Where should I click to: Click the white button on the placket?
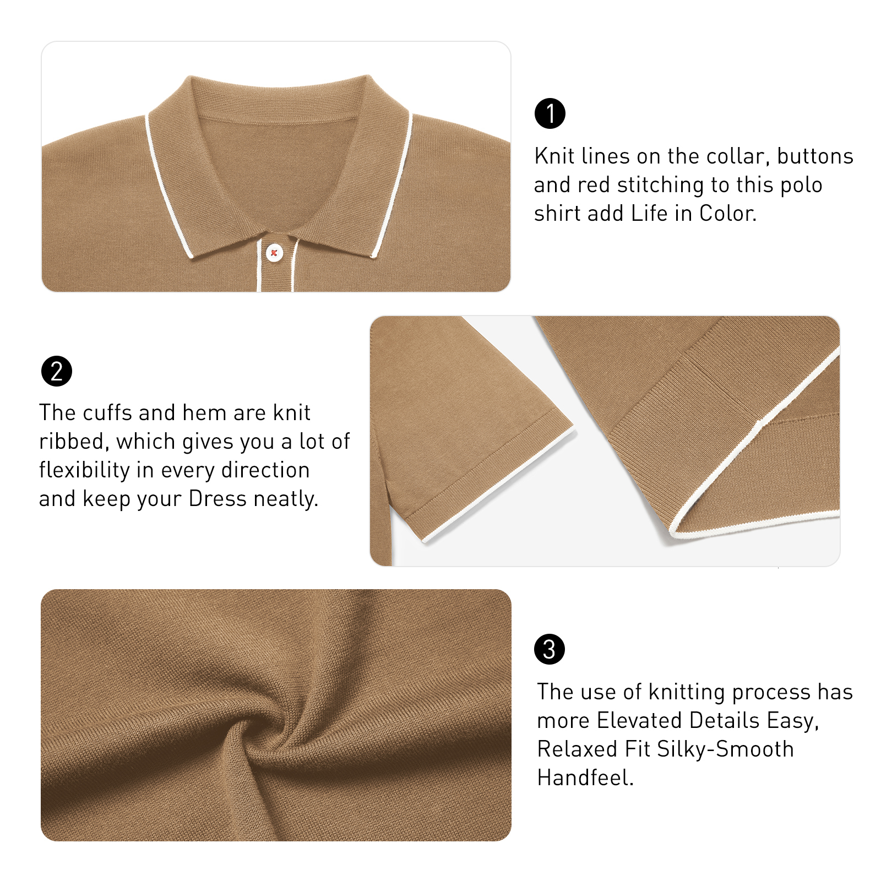pos(274,253)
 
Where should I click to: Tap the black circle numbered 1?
pos(550,113)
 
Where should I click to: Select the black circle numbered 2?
pos(57,371)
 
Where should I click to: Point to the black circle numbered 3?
pos(550,649)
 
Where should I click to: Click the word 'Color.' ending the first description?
pos(727,214)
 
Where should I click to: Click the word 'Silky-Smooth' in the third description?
pos(725,749)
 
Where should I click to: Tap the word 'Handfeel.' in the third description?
pos(585,778)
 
